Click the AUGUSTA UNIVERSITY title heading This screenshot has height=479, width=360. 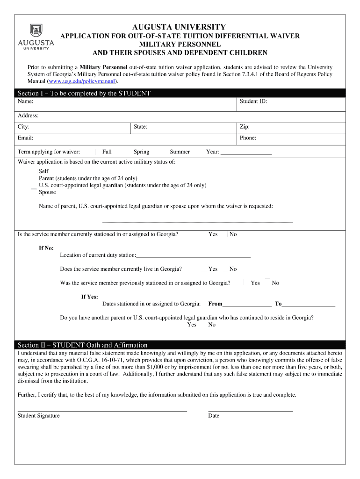(x=179, y=27)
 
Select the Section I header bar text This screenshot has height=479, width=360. (x=84, y=94)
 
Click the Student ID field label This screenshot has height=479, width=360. (x=253, y=102)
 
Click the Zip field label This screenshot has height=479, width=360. (x=245, y=127)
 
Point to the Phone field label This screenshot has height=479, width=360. (x=248, y=138)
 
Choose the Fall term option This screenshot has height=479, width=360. (x=107, y=152)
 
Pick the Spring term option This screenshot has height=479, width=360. (x=141, y=152)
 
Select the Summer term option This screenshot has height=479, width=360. (x=180, y=152)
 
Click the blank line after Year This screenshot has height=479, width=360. (x=246, y=152)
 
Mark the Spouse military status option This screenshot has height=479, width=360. (x=47, y=192)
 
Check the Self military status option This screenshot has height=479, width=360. (x=43, y=172)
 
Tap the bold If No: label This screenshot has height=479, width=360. (x=46, y=248)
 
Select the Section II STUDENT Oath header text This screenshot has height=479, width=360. (x=82, y=345)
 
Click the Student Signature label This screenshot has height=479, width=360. (x=38, y=416)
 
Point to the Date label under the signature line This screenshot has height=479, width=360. (x=214, y=416)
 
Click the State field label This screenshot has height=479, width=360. (x=140, y=127)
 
